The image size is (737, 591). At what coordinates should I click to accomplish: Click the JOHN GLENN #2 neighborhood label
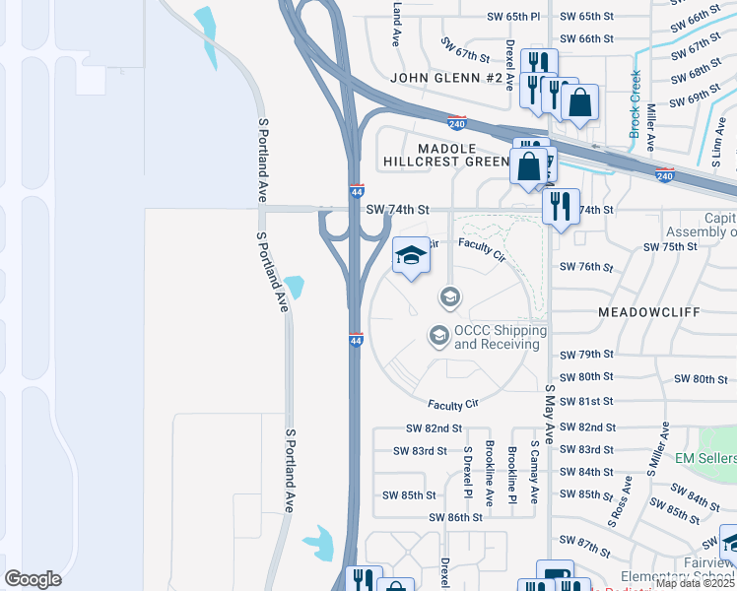click(446, 78)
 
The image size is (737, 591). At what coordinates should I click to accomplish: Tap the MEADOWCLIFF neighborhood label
click(647, 311)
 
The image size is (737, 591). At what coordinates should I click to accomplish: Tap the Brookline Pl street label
click(512, 472)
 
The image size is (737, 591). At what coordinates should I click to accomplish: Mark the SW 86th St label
click(455, 517)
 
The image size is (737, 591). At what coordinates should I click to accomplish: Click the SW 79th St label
click(586, 355)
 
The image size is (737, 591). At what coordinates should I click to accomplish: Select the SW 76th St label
click(586, 267)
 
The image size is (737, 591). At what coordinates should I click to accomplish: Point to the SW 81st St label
click(586, 402)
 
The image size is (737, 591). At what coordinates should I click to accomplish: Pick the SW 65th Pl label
click(513, 18)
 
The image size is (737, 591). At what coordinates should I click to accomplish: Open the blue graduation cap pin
click(411, 257)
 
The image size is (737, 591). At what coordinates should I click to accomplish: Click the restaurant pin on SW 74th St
click(561, 207)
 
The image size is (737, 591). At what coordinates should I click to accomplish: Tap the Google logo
click(33, 579)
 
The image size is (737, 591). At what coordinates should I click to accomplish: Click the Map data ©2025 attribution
click(696, 583)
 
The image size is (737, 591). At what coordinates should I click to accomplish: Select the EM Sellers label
click(705, 459)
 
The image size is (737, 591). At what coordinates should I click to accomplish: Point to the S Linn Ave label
click(720, 138)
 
